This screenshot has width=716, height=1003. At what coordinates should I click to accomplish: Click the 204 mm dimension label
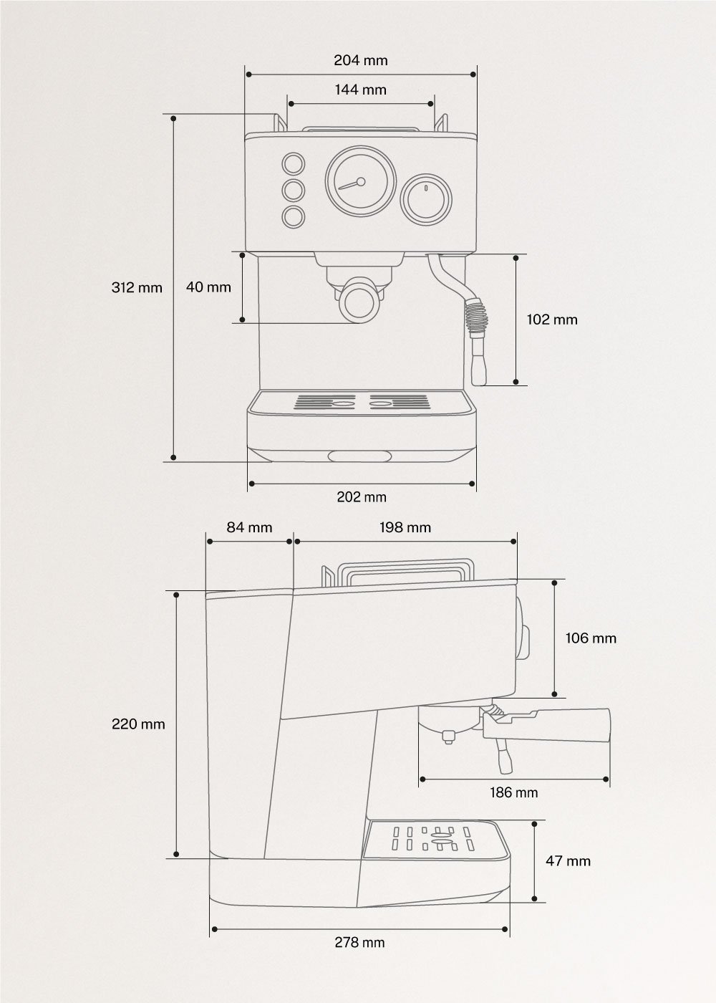[x=361, y=60]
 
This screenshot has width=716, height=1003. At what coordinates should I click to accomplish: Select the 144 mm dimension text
[x=361, y=90]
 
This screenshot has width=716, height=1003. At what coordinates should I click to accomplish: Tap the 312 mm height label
[x=137, y=288]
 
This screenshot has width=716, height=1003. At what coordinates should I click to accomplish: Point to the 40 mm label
[x=208, y=287]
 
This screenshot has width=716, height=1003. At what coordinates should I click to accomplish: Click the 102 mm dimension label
[x=552, y=320]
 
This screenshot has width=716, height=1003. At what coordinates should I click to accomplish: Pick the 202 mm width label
[x=362, y=497]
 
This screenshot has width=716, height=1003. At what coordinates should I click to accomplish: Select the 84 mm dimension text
[x=249, y=527]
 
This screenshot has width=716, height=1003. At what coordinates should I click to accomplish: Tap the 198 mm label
[x=405, y=527]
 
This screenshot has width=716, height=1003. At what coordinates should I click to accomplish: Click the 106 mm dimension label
[x=591, y=638]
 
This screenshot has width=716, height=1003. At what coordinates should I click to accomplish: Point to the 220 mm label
[x=138, y=724]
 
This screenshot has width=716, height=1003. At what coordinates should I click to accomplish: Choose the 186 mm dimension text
[x=515, y=792]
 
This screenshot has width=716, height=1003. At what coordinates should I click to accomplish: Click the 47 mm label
[x=569, y=860]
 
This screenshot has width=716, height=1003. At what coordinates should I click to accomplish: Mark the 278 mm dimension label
[x=359, y=943]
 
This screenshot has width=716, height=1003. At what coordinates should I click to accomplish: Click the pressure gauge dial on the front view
[x=361, y=183]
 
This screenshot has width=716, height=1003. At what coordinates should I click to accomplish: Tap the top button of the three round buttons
[x=293, y=163]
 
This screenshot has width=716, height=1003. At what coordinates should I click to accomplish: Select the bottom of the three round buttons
[x=293, y=216]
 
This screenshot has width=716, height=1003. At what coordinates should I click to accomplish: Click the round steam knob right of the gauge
[x=426, y=198]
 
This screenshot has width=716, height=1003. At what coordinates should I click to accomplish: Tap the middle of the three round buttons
[x=293, y=190]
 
